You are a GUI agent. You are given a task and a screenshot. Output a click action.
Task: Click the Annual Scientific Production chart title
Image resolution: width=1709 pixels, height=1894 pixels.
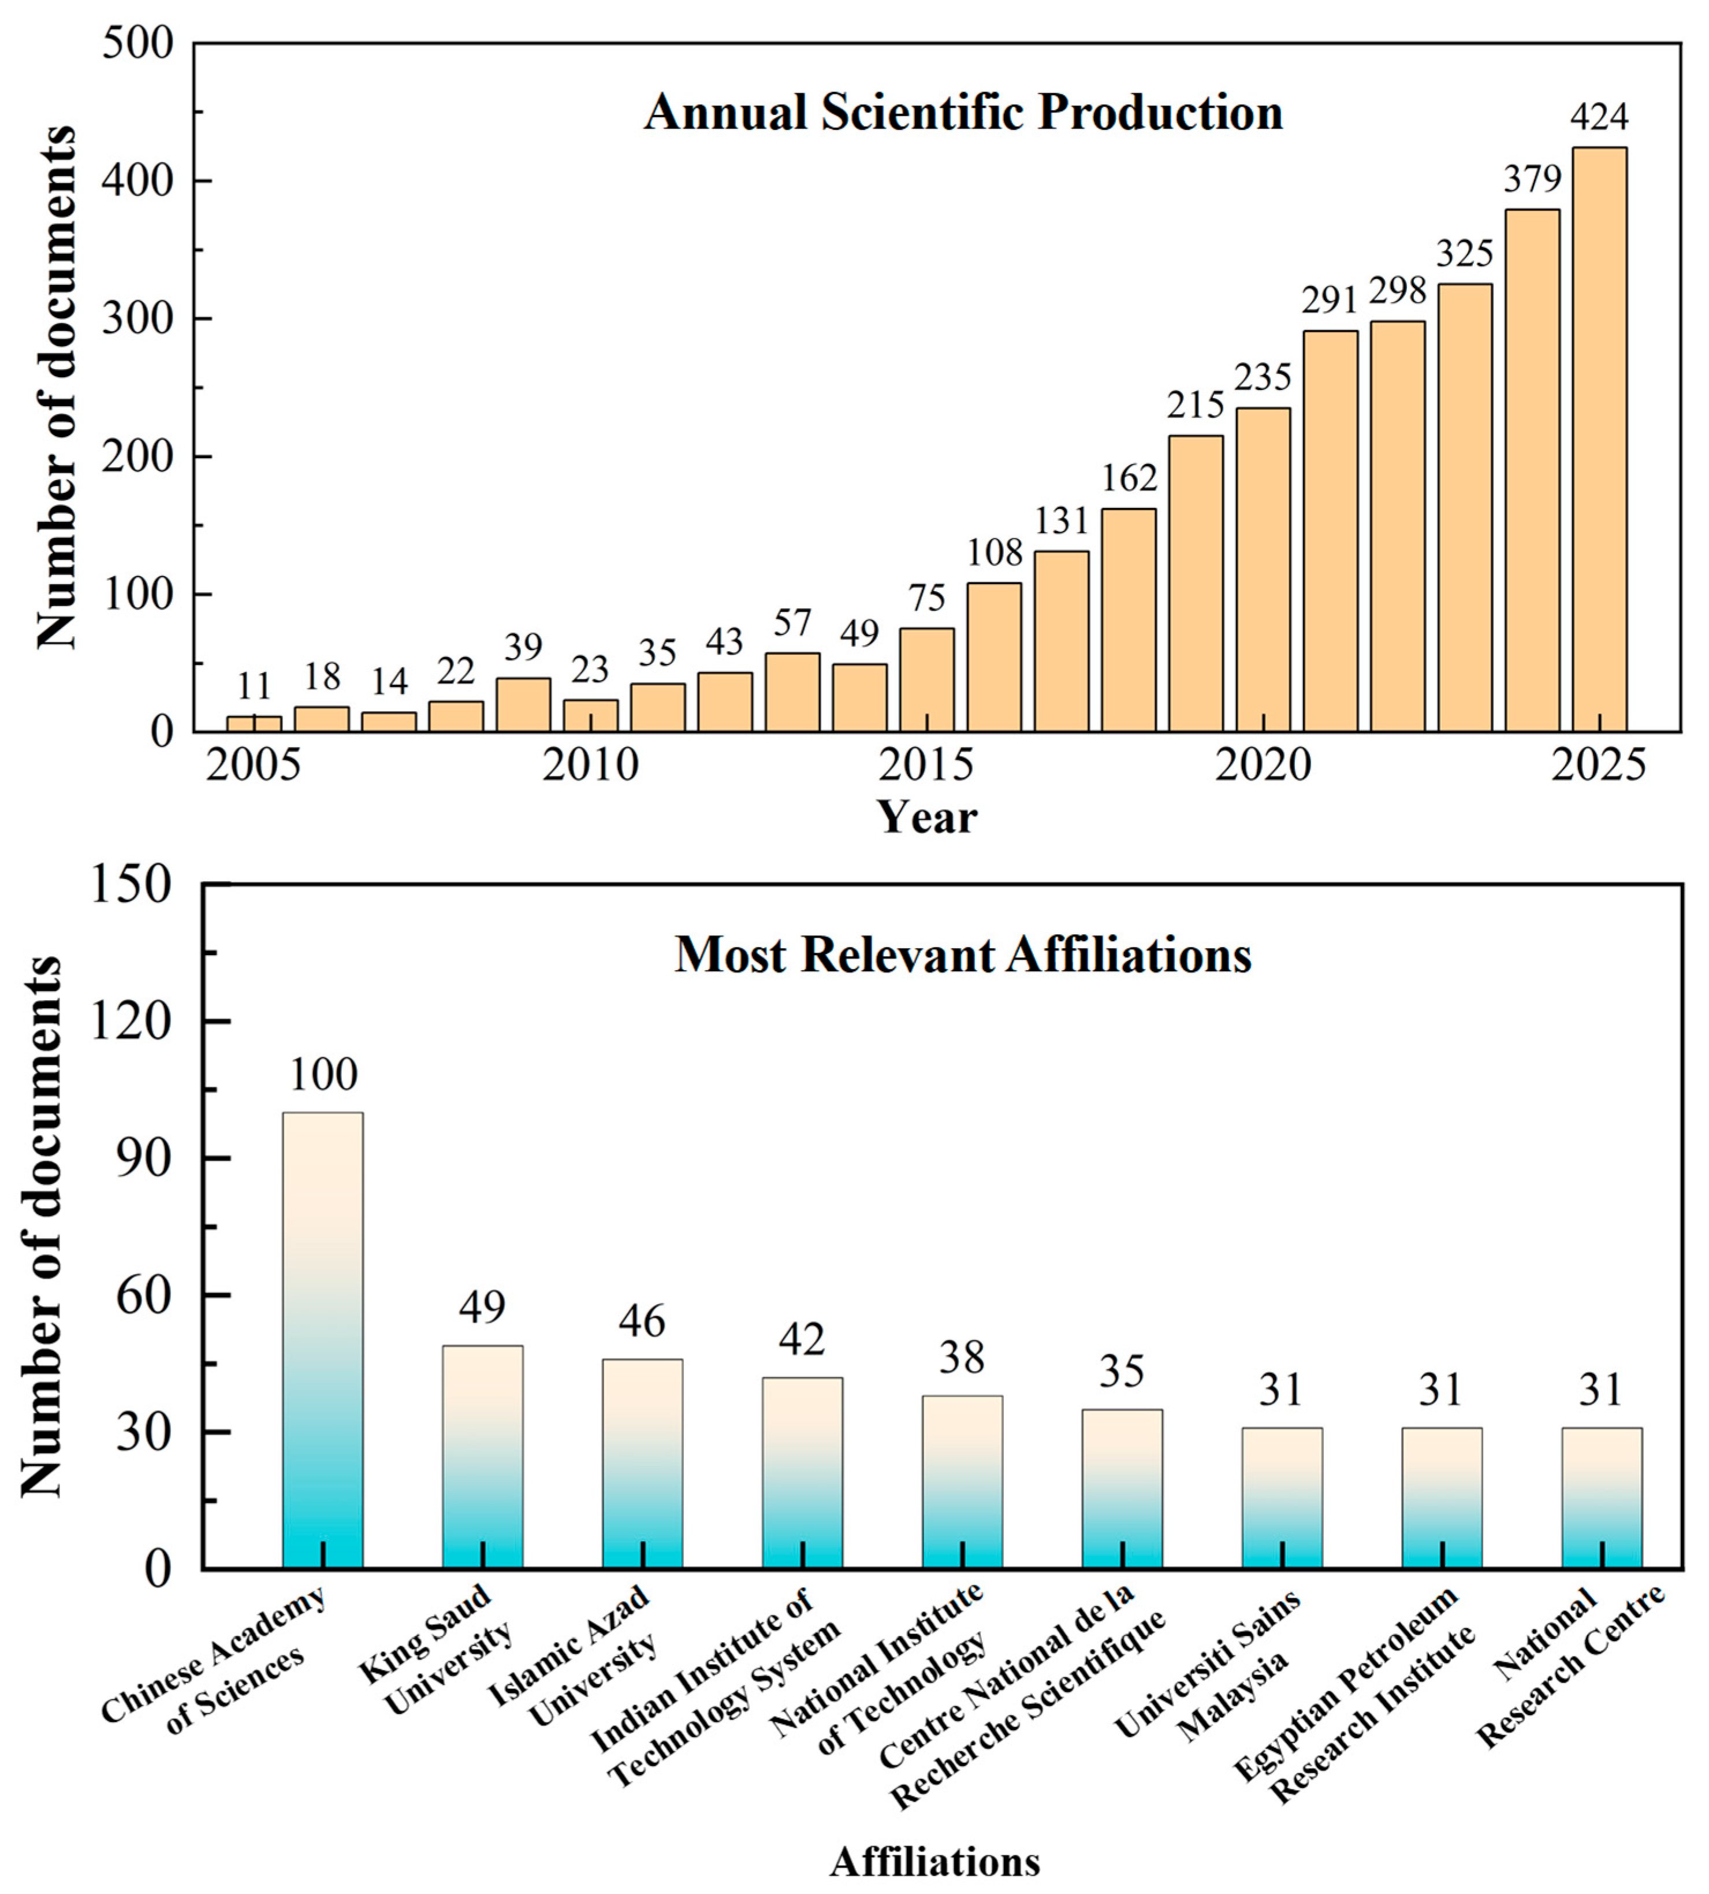[x=963, y=113]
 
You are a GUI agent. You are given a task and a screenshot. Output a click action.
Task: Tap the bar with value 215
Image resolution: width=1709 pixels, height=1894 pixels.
[x=1196, y=584]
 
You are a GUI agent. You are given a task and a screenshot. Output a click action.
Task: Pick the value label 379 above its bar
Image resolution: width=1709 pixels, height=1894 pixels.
[x=1532, y=179]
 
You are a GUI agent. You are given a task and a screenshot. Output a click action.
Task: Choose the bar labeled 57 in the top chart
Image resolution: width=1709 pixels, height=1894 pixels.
[x=792, y=692]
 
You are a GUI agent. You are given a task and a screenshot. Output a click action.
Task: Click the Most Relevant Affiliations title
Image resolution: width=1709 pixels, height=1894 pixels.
[x=963, y=955]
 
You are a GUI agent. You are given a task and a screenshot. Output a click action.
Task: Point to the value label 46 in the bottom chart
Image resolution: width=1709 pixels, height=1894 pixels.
[x=642, y=1321]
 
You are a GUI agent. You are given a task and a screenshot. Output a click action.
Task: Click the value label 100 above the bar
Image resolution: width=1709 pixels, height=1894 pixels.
[x=323, y=1075]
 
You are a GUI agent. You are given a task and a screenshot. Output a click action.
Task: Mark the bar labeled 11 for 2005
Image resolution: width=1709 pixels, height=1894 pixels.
[x=254, y=723]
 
